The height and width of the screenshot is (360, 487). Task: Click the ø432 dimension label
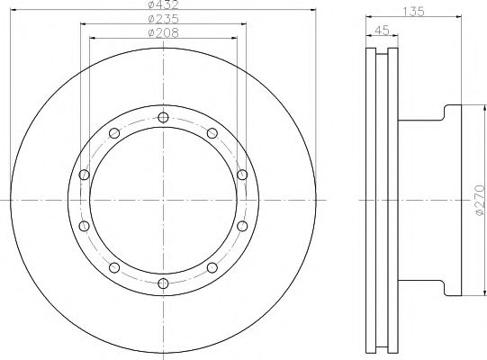(x=163, y=4)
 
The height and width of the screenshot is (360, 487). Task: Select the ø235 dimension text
(x=163, y=19)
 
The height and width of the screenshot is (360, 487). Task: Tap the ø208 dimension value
(x=163, y=32)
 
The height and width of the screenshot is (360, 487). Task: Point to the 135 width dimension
(x=413, y=12)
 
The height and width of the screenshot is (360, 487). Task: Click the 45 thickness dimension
(x=382, y=31)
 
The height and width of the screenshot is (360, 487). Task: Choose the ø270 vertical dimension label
(x=480, y=200)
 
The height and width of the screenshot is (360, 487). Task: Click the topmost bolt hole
(x=163, y=117)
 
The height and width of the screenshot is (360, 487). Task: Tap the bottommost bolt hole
(x=163, y=283)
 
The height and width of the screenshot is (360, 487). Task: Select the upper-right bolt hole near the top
(x=212, y=133)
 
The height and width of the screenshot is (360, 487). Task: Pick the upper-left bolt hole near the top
(x=114, y=133)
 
